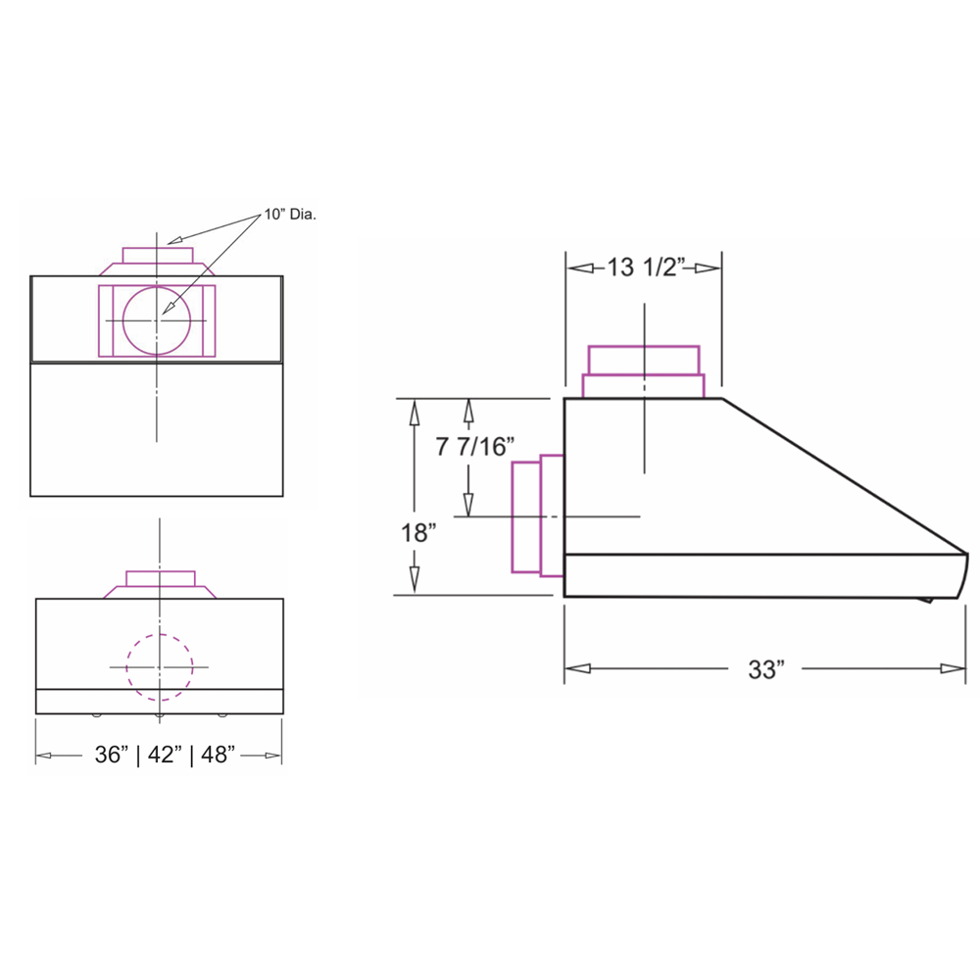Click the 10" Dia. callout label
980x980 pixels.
pyautogui.click(x=290, y=215)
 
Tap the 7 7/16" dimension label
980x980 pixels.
pyautogui.click(x=475, y=446)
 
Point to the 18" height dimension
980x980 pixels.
pyautogui.click(x=418, y=532)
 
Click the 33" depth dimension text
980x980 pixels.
pyautogui.click(x=765, y=668)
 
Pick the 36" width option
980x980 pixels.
pyautogui.click(x=112, y=755)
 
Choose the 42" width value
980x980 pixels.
pyautogui.click(x=165, y=755)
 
